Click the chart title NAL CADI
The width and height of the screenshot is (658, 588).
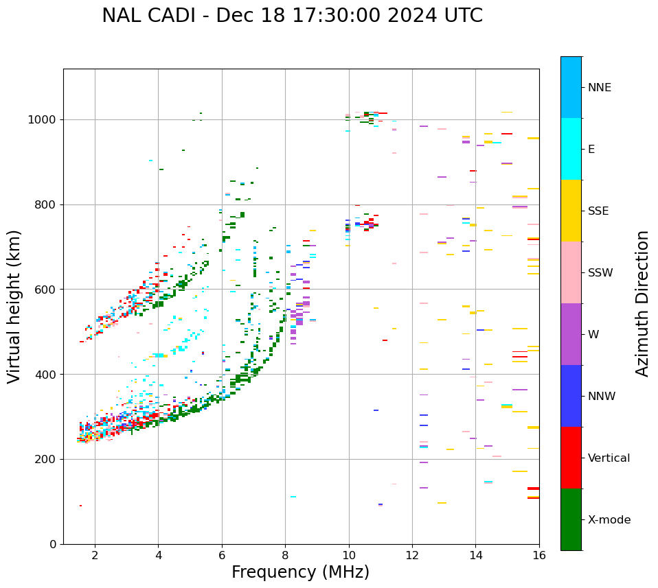pyautogui.click(x=292, y=16)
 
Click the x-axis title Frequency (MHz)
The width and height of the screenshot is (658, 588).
pyautogui.click(x=300, y=572)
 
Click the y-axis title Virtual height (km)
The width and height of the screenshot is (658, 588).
pyautogui.click(x=14, y=307)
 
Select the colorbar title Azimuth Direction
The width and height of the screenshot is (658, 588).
pyautogui.click(x=642, y=303)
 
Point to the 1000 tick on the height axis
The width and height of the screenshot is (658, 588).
pyautogui.click(x=43, y=120)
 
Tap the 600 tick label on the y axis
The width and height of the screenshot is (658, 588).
pyautogui.click(x=47, y=290)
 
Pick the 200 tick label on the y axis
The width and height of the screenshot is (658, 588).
pyautogui.click(x=47, y=459)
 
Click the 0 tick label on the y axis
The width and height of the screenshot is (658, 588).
pyautogui.click(x=54, y=544)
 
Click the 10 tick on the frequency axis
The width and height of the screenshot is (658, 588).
pyautogui.click(x=348, y=555)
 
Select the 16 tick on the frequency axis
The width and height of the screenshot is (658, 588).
pyautogui.click(x=538, y=555)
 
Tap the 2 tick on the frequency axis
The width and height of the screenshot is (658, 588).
pyautogui.click(x=95, y=555)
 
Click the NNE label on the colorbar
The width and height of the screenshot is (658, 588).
pyautogui.click(x=599, y=88)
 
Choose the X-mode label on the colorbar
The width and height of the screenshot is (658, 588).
pyautogui.click(x=609, y=520)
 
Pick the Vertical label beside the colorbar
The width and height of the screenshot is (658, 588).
pyautogui.click(x=609, y=458)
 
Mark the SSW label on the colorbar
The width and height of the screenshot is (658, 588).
pyautogui.click(x=600, y=273)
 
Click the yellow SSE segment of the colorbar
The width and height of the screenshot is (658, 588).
pyautogui.click(x=571, y=211)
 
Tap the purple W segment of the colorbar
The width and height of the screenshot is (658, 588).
pyautogui.click(x=571, y=334)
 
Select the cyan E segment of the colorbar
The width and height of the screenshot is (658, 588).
pyautogui.click(x=571, y=149)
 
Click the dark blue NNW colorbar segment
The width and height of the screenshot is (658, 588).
pyautogui.click(x=571, y=396)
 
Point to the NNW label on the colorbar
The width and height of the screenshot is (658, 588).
pyautogui.click(x=602, y=397)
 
